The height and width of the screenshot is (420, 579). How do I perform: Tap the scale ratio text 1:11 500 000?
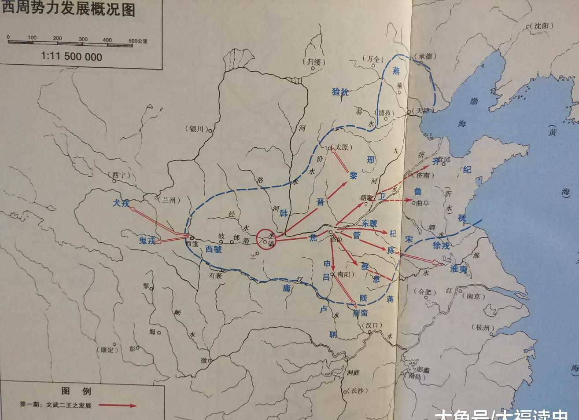pyautogui.click(x=72, y=57)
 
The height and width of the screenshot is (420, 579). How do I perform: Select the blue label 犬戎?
pyautogui.click(x=121, y=203)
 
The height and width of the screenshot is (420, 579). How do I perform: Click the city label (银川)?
pyautogui.click(x=195, y=129)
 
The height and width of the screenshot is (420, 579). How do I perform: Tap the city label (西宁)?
pyautogui.click(x=119, y=175)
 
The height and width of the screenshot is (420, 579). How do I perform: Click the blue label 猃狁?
pyautogui.click(x=340, y=92)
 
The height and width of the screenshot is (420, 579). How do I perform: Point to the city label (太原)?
pyautogui.click(x=342, y=147)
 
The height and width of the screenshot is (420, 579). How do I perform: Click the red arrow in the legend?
pyautogui.click(x=118, y=405)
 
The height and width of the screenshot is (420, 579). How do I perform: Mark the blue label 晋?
pyautogui.click(x=321, y=202)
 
